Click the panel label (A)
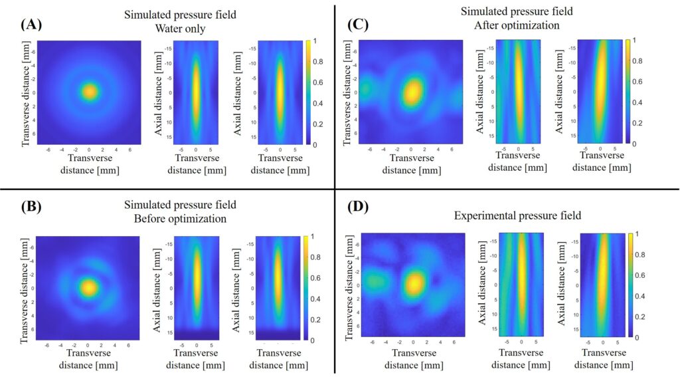point(32,25)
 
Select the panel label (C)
point(359,25)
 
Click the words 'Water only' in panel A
point(180,28)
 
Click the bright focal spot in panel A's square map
point(89,92)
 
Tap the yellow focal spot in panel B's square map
point(88,287)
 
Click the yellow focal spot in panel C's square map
point(412,92)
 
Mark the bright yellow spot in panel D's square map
point(415,284)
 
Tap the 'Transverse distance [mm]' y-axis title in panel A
point(26,92)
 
